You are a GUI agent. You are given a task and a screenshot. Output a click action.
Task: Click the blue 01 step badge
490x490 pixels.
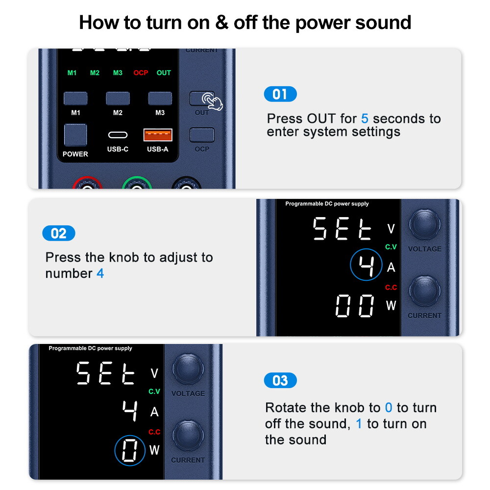point(280,94)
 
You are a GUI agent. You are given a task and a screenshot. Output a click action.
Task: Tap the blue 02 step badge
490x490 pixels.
point(59,233)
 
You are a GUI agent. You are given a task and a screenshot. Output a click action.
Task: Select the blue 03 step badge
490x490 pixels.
point(280,380)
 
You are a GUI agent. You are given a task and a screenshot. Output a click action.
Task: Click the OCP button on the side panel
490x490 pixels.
point(202,135)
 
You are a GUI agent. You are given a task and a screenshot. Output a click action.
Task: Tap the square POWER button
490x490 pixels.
point(75,135)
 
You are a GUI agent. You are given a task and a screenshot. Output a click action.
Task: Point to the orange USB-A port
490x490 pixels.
point(158,135)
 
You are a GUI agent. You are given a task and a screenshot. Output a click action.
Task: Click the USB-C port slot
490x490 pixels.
point(118,135)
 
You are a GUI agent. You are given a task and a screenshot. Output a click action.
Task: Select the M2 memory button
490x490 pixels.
point(118,98)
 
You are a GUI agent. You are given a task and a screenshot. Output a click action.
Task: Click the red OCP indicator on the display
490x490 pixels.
point(141,73)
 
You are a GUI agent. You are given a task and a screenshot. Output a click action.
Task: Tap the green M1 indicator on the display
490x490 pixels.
point(72,73)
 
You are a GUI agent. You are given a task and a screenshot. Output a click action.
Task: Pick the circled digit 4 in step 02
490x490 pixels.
point(366,265)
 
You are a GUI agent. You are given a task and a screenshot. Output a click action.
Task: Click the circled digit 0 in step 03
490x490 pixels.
point(130,450)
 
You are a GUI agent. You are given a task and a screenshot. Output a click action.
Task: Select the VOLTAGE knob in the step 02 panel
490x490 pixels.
point(425,224)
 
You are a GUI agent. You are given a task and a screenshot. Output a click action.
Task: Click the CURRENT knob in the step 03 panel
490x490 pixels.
point(188,436)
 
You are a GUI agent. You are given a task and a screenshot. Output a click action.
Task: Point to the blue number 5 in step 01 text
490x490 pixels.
point(365,119)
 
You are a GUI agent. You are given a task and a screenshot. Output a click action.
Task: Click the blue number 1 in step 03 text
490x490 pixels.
point(359,424)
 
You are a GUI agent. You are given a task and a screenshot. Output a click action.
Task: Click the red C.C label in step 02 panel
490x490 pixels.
point(391,287)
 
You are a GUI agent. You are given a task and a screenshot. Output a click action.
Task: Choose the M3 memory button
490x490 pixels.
point(160,98)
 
